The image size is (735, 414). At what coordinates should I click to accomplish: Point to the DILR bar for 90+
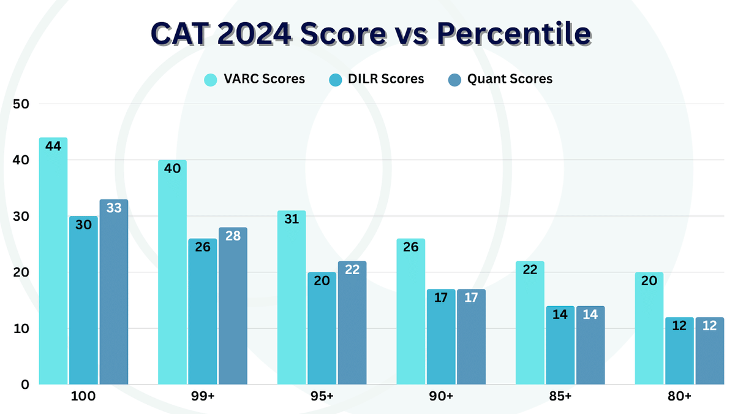[x=441, y=337]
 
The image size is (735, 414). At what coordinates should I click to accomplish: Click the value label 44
[x=53, y=147]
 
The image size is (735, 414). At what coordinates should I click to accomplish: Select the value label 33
[x=113, y=209]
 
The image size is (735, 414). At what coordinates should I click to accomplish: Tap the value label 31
[x=292, y=220]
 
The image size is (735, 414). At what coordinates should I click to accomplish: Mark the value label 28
[x=232, y=237]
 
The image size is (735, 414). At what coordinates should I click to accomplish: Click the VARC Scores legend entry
[x=254, y=79]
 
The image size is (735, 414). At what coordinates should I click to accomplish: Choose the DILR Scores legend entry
[x=375, y=79]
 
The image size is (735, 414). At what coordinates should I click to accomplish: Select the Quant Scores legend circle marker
[x=454, y=80]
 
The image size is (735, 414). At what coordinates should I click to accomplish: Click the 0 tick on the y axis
[x=25, y=385]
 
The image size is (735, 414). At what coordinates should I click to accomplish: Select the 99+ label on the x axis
[x=202, y=397]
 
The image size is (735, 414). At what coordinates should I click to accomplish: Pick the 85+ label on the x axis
[x=559, y=397]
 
